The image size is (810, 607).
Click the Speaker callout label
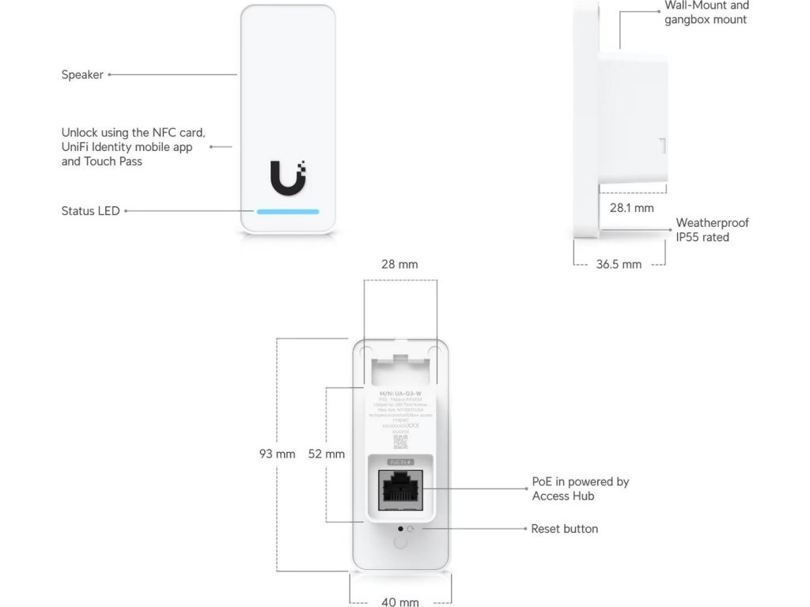tap(82, 75)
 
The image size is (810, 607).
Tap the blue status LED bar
tap(287, 212)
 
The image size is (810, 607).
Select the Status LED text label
tap(90, 211)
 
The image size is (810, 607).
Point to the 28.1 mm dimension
tap(631, 208)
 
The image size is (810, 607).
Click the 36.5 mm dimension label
tap(619, 264)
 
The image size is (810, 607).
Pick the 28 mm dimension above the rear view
tap(399, 264)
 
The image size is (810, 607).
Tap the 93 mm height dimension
tap(277, 454)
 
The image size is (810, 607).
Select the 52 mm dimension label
tap(326, 454)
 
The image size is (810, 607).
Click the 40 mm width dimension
tap(400, 602)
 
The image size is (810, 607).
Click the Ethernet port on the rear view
tap(400, 489)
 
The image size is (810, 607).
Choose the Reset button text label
tap(564, 529)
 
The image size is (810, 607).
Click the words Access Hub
tap(563, 496)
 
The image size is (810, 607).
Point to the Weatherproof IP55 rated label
tap(712, 230)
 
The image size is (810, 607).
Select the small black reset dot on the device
tap(400, 528)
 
